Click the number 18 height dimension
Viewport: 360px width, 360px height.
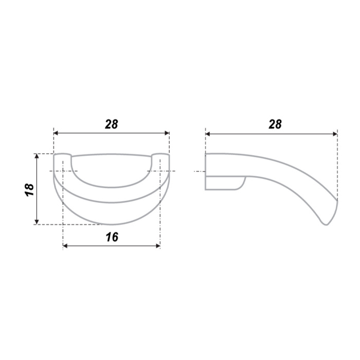(x=30, y=190)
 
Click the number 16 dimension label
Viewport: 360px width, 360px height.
(x=112, y=237)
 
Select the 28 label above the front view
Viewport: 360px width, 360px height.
(x=112, y=124)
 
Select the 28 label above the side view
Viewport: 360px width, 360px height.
(x=275, y=124)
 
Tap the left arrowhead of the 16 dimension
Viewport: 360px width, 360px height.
(x=65, y=246)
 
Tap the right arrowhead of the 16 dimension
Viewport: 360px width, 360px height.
(x=158, y=246)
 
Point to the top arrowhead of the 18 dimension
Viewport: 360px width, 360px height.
(x=37, y=156)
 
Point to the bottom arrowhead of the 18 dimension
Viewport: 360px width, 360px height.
(x=37, y=222)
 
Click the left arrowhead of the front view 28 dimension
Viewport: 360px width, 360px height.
(x=56, y=133)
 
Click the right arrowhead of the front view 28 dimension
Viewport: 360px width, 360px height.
(x=167, y=133)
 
